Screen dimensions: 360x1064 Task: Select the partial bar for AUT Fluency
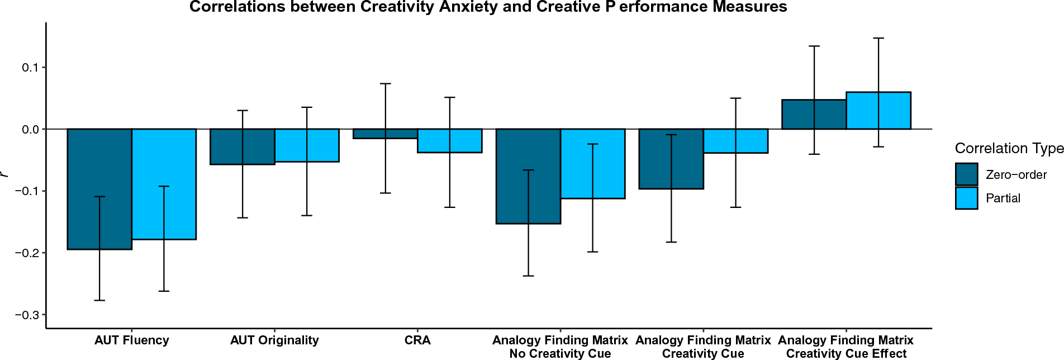(x=179, y=184)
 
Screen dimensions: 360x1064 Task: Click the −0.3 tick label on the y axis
(x=27, y=315)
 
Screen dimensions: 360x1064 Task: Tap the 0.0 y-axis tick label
(x=30, y=130)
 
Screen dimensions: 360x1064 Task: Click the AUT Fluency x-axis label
(x=131, y=340)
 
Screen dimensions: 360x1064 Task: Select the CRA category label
(x=417, y=340)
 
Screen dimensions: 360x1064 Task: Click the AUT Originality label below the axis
(x=274, y=340)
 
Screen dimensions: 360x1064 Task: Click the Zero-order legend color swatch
(x=966, y=174)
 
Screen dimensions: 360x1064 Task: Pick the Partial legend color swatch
(x=966, y=198)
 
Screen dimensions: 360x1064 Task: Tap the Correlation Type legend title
(x=1009, y=148)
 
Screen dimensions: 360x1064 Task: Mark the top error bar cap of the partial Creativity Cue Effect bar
(x=878, y=38)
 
